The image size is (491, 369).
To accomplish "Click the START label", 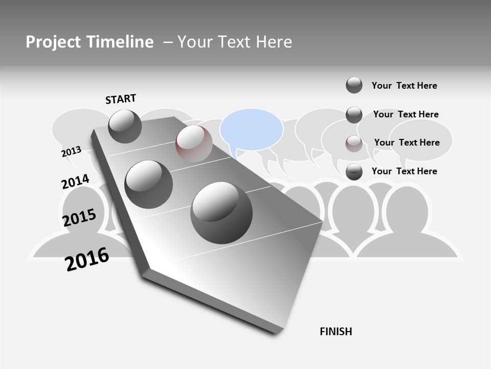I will (121, 99).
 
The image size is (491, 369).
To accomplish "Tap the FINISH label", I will (336, 332).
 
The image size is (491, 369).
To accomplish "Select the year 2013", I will (72, 151).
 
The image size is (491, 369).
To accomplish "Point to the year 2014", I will (75, 182).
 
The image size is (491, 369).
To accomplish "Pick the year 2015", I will (79, 218).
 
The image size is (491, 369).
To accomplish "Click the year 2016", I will (87, 259).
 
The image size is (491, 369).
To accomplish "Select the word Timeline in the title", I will (120, 42).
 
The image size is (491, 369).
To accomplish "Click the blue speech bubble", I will (251, 130).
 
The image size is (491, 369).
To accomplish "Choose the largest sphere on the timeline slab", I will (221, 213).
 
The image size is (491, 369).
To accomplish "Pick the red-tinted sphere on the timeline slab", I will (194, 143).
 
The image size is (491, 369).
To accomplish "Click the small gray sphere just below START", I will (125, 126).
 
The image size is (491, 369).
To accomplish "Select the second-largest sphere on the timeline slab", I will (149, 184).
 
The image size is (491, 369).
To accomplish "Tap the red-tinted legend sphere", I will (354, 143).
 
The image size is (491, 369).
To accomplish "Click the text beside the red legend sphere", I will (407, 142).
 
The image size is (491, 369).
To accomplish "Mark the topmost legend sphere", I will (354, 85).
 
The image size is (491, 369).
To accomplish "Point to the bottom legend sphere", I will (354, 172).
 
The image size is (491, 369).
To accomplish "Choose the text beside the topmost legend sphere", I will (404, 86).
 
